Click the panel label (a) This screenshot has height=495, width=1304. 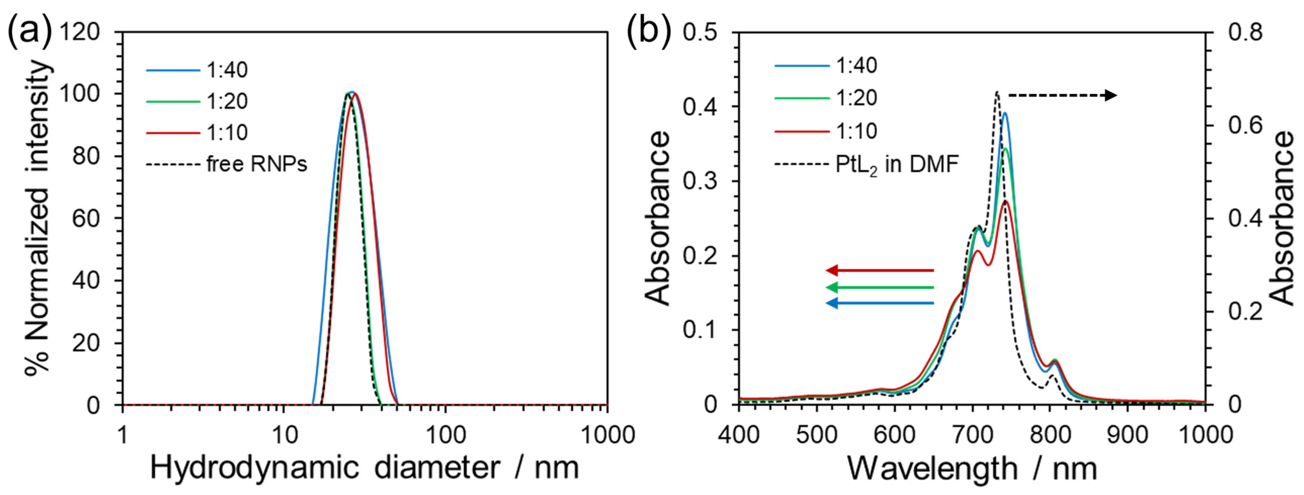click(x=29, y=31)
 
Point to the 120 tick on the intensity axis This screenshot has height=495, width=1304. click(x=80, y=33)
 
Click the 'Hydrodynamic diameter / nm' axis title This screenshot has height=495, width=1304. click(x=365, y=468)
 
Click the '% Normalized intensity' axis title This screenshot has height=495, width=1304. click(x=38, y=218)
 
